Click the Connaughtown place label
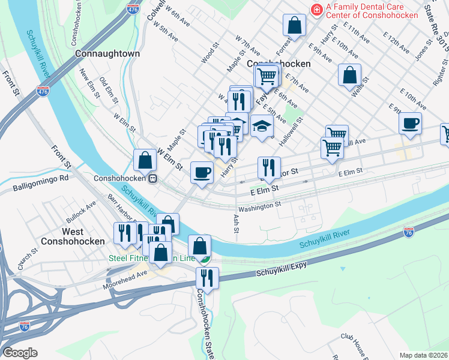(108, 53)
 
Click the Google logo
(20, 353)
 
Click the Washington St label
(259, 205)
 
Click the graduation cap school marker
(262, 127)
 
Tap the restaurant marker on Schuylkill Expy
(207, 279)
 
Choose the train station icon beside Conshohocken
(153, 179)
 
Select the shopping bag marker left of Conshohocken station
(145, 160)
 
